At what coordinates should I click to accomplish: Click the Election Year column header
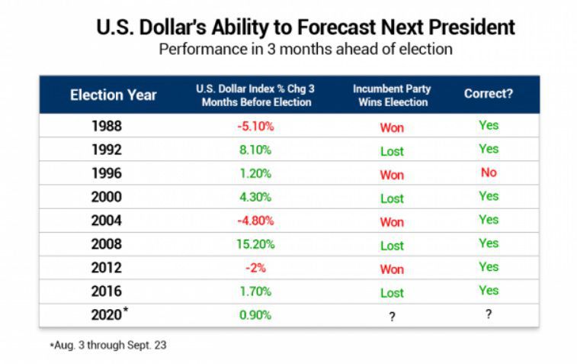tap(113, 95)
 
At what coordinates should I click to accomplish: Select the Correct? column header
tap(488, 95)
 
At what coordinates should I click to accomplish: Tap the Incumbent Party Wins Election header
tap(390, 95)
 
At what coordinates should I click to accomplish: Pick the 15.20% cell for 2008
tap(255, 244)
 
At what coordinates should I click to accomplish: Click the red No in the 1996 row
tap(489, 172)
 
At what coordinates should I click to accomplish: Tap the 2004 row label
tap(107, 221)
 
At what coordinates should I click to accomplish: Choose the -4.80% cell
tap(255, 221)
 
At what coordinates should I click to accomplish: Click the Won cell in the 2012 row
tap(392, 269)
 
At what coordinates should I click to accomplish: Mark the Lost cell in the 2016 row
tap(392, 293)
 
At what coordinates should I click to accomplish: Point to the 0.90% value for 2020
tap(255, 315)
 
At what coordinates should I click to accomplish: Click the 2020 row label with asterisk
tap(109, 315)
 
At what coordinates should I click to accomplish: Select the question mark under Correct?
tap(488, 315)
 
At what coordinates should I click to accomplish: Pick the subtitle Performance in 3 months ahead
tap(305, 50)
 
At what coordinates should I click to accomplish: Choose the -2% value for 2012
tap(255, 268)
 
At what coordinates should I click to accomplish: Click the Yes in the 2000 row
tap(489, 196)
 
